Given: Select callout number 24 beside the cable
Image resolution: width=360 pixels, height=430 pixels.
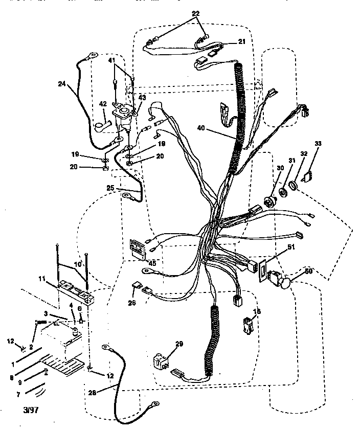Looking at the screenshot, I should click(61, 84).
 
